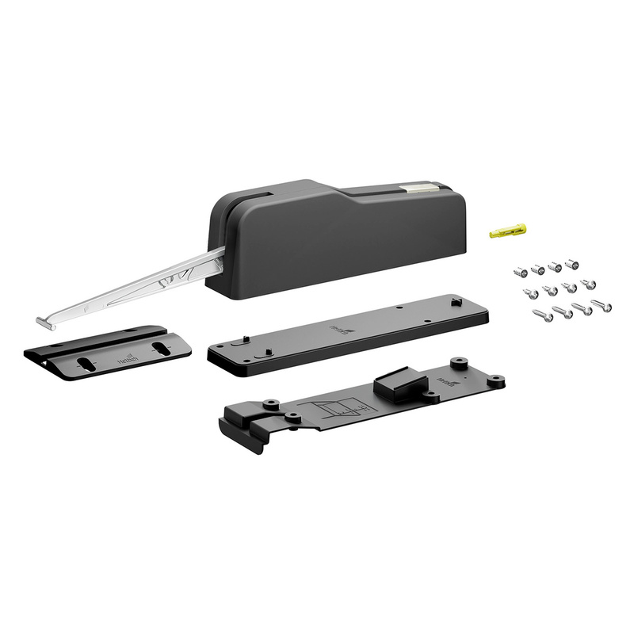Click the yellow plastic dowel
508,231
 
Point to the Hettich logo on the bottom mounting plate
446,383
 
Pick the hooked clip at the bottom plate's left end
242,426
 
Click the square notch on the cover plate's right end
456,302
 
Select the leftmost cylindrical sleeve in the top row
519,271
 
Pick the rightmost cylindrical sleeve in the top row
572,263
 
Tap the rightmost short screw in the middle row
589,285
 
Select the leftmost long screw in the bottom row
544,316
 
